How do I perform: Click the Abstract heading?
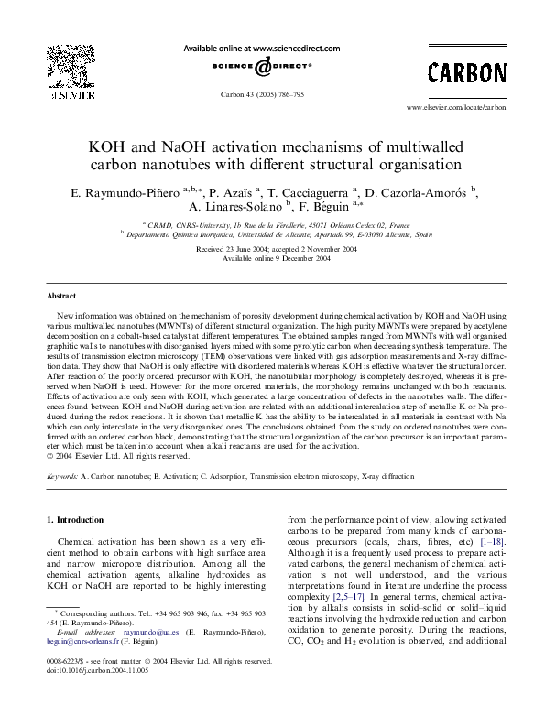pos(62,297)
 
